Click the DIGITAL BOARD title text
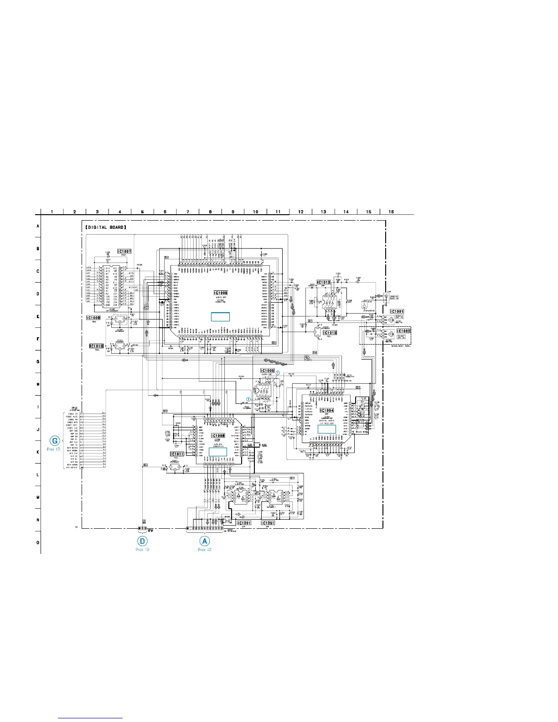[x=106, y=227]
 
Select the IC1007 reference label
[x=124, y=251]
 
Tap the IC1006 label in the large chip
[x=221, y=293]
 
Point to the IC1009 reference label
[x=93, y=318]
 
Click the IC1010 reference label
[x=96, y=346]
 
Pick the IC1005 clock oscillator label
[x=267, y=371]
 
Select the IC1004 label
[x=327, y=410]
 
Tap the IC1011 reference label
[x=177, y=454]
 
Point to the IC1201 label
[x=244, y=523]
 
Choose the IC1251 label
[x=268, y=523]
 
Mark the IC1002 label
[x=403, y=331]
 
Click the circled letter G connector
[x=55, y=441]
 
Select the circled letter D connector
[x=143, y=541]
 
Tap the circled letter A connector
[x=205, y=541]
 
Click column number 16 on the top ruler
[x=391, y=211]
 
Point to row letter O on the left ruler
[x=38, y=542]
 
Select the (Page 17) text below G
[x=53, y=450]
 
